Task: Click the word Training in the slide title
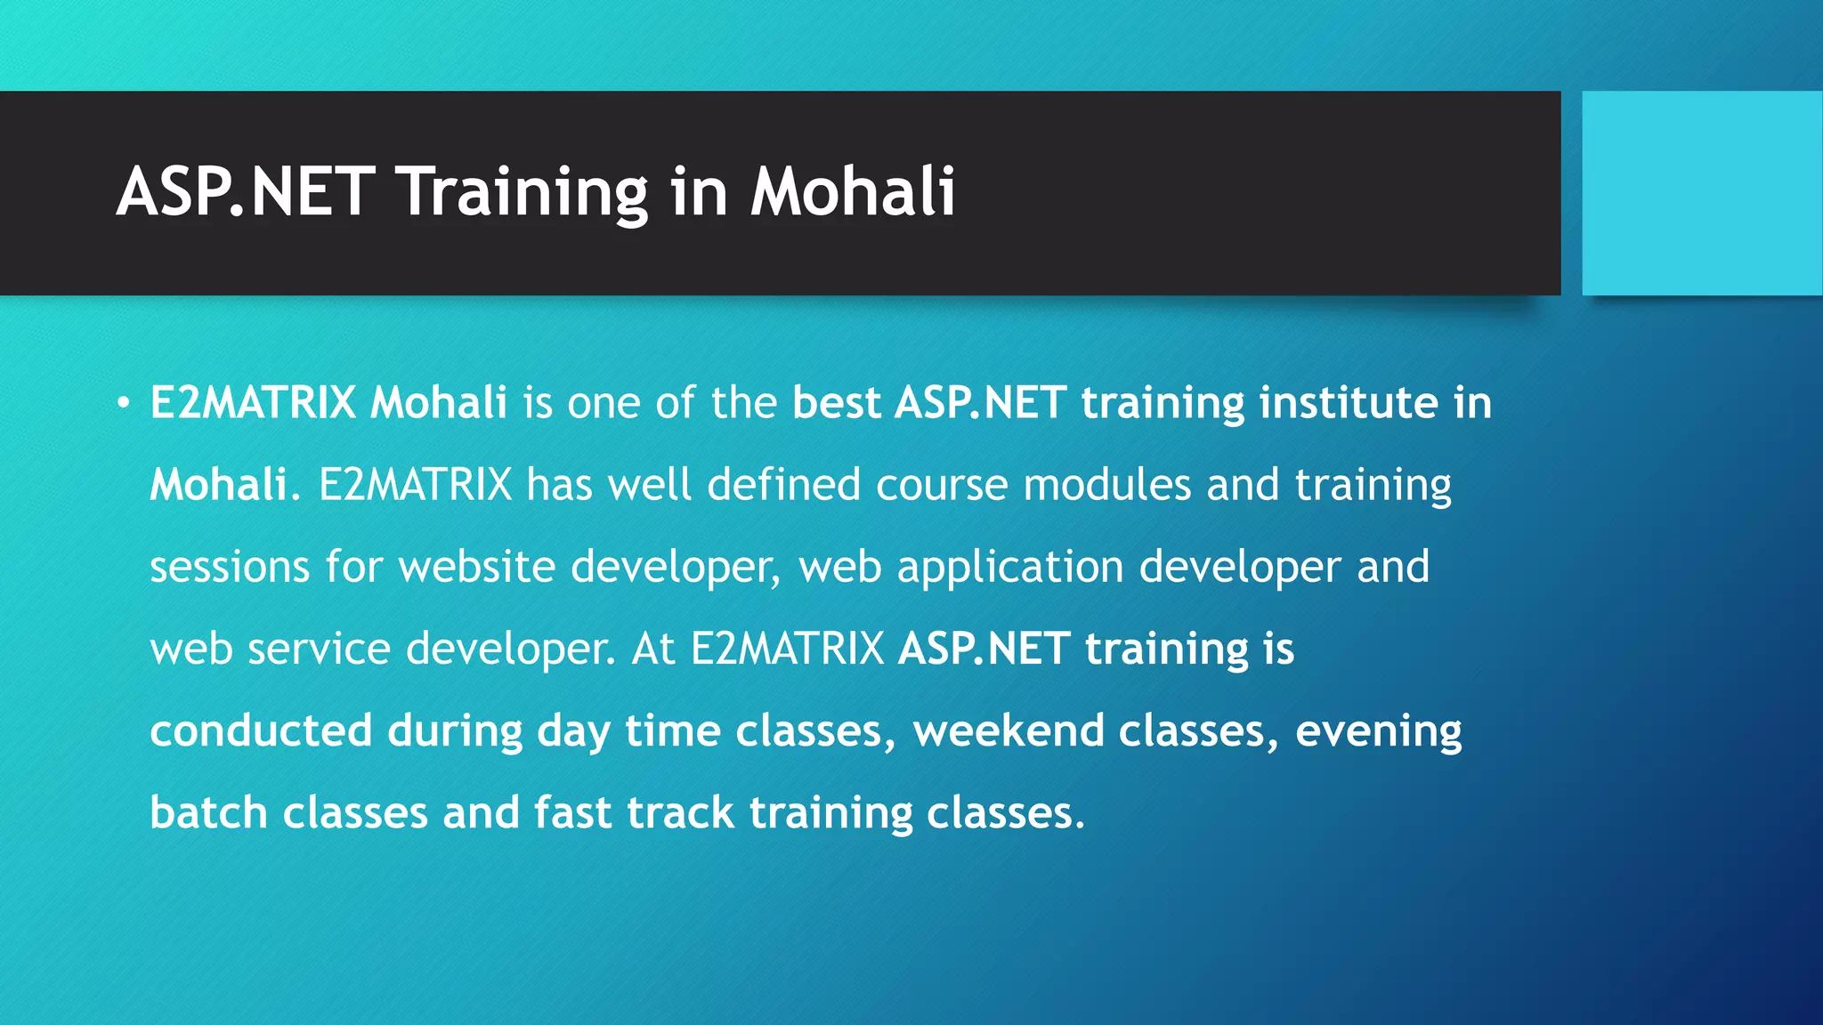pyautogui.click(x=523, y=192)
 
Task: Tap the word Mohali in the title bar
pyautogui.click(x=853, y=192)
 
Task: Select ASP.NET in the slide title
pyautogui.click(x=246, y=192)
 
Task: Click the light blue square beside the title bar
pyautogui.click(x=1702, y=193)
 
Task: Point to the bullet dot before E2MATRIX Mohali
pyautogui.click(x=124, y=403)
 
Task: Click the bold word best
pyautogui.click(x=836, y=402)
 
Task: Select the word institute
pyautogui.click(x=1349, y=402)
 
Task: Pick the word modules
pyautogui.click(x=1106, y=485)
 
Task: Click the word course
pyautogui.click(x=942, y=485)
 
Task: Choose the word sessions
pyautogui.click(x=230, y=568)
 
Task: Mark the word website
pyautogui.click(x=476, y=567)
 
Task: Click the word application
pyautogui.click(x=1010, y=568)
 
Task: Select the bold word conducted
pyautogui.click(x=261, y=730)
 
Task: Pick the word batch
pyautogui.click(x=208, y=812)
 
